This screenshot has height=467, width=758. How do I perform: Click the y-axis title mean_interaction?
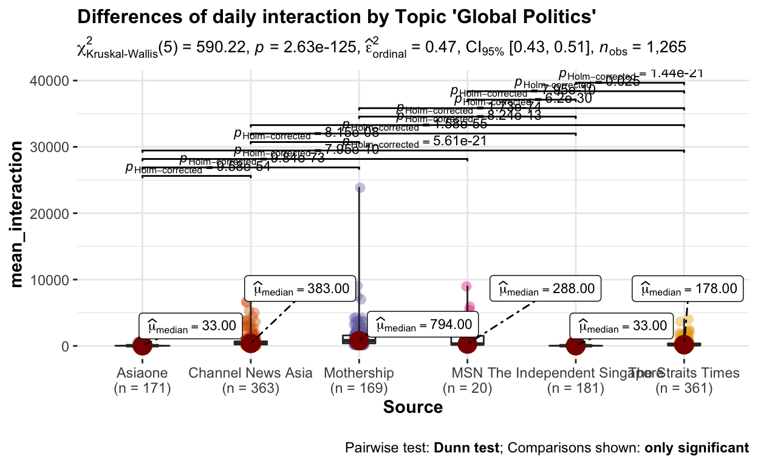(x=19, y=213)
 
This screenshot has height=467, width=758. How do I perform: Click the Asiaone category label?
(x=142, y=373)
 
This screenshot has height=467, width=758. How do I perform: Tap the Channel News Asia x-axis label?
(x=250, y=373)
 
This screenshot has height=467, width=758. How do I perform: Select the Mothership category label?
(x=359, y=373)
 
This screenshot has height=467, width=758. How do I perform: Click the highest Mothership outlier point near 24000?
(x=360, y=189)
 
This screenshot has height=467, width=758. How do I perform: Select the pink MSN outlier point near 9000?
(x=466, y=286)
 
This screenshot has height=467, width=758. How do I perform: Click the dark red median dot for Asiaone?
(x=142, y=345)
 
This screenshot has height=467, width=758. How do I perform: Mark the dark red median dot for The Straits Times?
(x=685, y=344)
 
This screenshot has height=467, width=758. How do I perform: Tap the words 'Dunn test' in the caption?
(x=466, y=449)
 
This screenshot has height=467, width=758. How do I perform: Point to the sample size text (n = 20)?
(x=467, y=388)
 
